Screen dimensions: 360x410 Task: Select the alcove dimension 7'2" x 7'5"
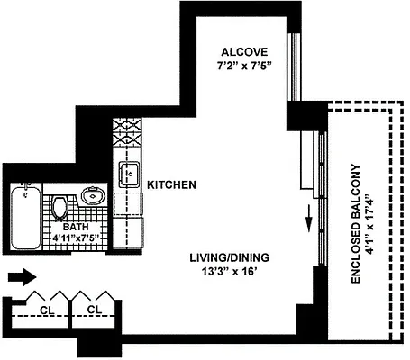point(245,66)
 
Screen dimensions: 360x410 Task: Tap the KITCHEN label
point(172,184)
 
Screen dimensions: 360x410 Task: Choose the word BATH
point(50,229)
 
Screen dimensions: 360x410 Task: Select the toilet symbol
point(59,207)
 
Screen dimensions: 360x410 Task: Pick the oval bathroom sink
point(91,194)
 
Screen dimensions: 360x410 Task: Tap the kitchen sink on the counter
point(128,171)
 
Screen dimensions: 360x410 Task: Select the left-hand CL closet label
point(44,311)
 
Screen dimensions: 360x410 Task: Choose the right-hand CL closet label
point(93,311)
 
